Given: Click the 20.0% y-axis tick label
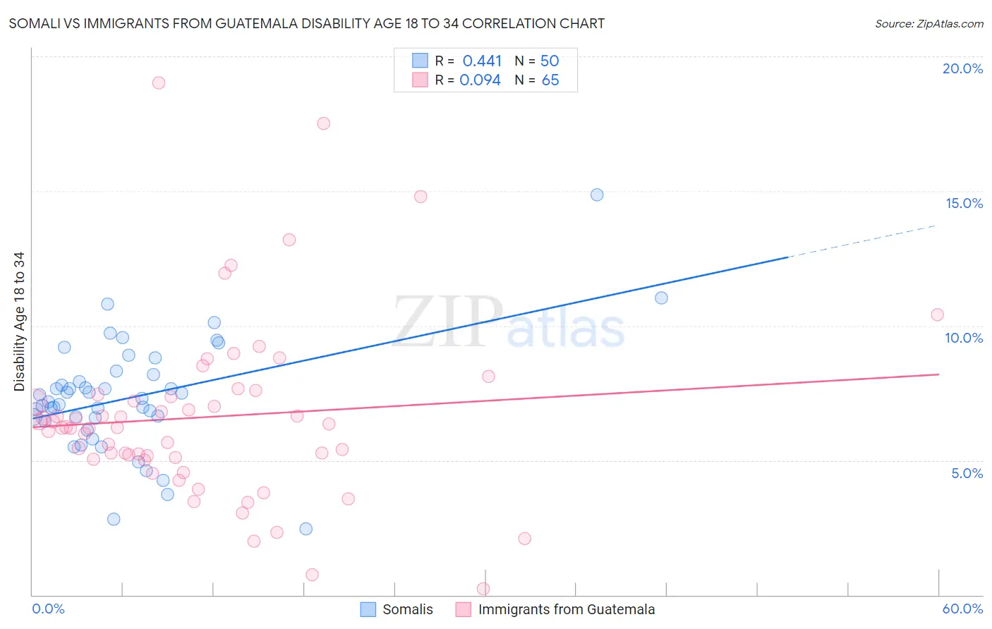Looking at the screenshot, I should tap(962, 68).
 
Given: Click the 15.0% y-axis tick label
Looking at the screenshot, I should tap(964, 203).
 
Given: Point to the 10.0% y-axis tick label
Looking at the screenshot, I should tap(964, 338).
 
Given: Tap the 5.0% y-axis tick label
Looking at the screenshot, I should tap(967, 473).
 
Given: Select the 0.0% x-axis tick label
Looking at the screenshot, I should tap(48, 609).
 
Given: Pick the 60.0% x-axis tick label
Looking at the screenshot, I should tap(962, 609).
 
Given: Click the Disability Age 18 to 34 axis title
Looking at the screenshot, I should tap(19, 322).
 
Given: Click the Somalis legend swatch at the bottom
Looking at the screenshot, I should tap(368, 609).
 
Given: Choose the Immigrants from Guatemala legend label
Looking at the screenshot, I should tap(567, 609).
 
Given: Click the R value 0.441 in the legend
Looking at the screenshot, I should tap(482, 61).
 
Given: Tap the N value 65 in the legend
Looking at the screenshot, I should tap(550, 80).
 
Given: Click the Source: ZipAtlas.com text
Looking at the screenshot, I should tap(929, 24).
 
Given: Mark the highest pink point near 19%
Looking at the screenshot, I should tap(159, 83).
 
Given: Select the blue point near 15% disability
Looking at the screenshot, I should tap(597, 195).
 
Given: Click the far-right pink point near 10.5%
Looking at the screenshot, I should tap(937, 314).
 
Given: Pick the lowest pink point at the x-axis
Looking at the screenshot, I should tap(483, 588).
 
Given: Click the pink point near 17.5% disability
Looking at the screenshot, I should tap(323, 123).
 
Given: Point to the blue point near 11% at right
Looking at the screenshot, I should tap(661, 298).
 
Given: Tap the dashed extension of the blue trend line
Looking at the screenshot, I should tap(861, 241).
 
